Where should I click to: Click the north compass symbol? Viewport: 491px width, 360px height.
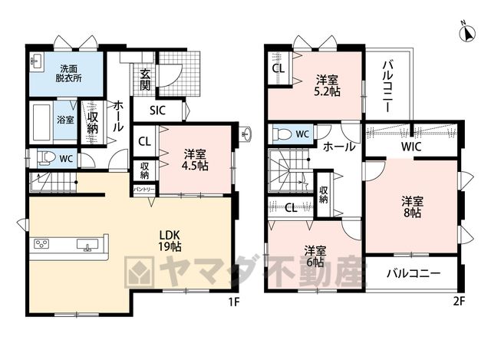[467, 33]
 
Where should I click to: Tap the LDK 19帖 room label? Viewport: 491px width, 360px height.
[170, 240]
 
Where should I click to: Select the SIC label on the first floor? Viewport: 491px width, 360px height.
[157, 111]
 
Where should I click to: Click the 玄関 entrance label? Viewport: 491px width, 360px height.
[145, 79]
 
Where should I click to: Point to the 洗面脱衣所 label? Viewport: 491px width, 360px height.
[69, 74]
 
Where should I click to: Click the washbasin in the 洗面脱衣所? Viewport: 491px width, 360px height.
[37, 60]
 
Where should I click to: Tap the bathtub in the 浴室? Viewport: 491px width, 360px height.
[41, 122]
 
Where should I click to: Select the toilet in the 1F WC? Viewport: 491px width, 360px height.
[45, 159]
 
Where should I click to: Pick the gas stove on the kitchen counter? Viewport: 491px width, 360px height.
[41, 244]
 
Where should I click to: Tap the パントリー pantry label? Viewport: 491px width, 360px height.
[144, 190]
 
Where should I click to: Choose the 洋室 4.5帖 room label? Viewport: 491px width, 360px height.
[195, 160]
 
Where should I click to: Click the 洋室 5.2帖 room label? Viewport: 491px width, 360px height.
[328, 85]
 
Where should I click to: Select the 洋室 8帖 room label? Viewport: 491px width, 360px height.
[413, 206]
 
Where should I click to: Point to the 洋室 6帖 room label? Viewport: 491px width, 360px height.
[315, 256]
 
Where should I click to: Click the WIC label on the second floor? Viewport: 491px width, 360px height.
[411, 147]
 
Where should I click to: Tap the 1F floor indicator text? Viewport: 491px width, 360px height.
[234, 302]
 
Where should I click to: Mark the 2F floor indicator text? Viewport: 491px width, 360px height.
[460, 302]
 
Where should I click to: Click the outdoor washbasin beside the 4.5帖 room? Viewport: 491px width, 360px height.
[246, 134]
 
